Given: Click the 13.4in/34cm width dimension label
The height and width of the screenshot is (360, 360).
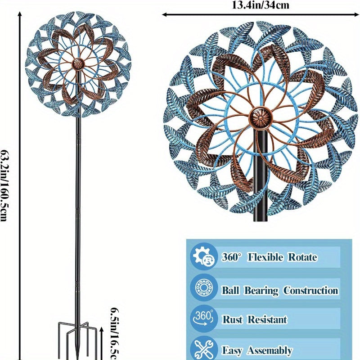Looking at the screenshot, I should [x=261, y=5].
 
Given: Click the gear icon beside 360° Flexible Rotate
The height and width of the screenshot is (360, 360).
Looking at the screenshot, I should [x=202, y=257].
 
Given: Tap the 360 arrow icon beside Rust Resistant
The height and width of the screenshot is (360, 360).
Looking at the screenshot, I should [x=203, y=319].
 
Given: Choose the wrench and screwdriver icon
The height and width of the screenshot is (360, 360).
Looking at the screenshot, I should [x=203, y=349].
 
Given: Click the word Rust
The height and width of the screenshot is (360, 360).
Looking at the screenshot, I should [x=233, y=320].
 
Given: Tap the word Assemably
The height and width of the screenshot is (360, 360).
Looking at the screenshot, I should [x=269, y=351].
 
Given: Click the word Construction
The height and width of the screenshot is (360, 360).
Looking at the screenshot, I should [x=310, y=290].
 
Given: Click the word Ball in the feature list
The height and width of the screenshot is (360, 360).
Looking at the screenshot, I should [x=231, y=290].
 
